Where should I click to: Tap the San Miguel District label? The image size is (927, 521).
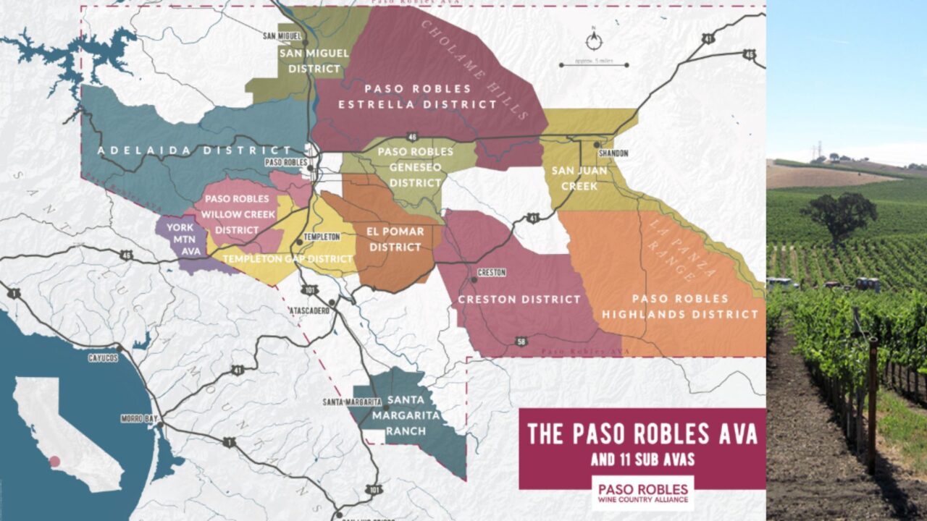(x=314, y=61)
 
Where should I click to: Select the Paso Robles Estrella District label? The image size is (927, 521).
(x=417, y=96)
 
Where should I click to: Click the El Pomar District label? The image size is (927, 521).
(x=395, y=240)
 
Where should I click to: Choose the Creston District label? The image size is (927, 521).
(x=520, y=299)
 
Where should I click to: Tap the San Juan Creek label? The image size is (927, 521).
(x=574, y=178)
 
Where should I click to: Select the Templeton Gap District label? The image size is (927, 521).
(x=288, y=258)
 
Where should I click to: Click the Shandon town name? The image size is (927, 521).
(x=614, y=153)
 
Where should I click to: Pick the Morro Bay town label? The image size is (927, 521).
(x=135, y=418)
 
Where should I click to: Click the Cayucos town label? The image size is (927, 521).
(x=103, y=357)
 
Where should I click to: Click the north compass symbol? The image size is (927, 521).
(x=594, y=41)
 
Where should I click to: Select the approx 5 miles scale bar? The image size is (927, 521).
(x=594, y=64)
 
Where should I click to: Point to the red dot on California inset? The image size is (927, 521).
(x=55, y=461)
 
